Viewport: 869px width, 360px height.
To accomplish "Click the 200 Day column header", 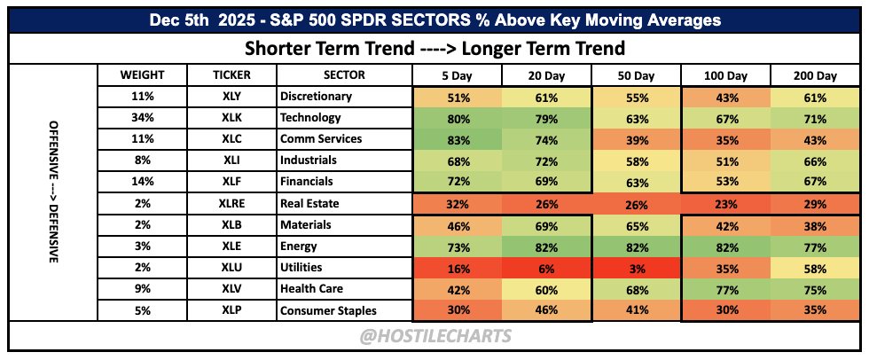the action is click(815, 75).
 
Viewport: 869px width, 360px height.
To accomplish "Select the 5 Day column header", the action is click(458, 75).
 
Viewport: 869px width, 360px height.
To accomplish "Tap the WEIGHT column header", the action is click(143, 74).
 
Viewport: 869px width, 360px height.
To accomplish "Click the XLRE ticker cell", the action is click(231, 203).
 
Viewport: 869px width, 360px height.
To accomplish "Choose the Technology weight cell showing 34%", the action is click(143, 117).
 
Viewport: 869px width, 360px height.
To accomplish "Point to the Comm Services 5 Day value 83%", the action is click(458, 139).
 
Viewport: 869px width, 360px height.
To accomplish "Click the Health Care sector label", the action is click(311, 288).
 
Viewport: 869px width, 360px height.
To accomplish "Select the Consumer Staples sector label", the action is click(329, 310).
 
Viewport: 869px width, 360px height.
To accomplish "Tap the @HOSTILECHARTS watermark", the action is click(435, 336).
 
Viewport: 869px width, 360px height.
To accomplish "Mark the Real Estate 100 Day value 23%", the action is click(725, 204).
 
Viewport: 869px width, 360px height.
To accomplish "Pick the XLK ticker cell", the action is click(231, 117).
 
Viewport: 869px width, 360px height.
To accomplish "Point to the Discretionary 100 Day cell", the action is click(725, 97).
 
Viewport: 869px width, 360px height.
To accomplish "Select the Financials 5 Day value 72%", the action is click(458, 182).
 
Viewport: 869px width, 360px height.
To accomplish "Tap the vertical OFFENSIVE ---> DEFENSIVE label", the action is click(54, 191).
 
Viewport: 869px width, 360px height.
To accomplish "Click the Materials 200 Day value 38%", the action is click(815, 225).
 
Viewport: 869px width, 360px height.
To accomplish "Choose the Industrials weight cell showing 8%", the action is click(143, 160).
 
